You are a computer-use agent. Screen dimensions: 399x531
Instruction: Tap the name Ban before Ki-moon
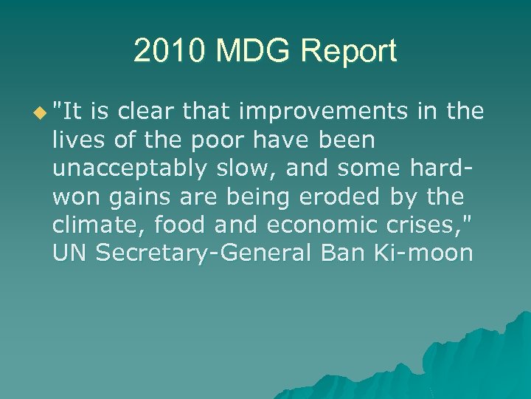tap(343, 253)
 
